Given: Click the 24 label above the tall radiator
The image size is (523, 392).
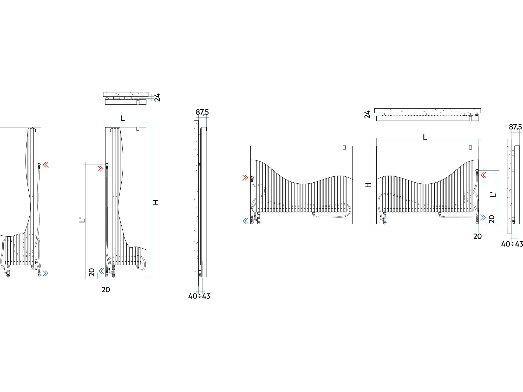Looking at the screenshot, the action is tap(157, 97).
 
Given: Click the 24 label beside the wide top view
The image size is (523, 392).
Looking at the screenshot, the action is tap(367, 114).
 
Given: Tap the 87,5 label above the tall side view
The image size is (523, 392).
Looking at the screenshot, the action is tap(202, 112).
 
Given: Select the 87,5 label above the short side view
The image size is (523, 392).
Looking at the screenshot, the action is tap(515, 127).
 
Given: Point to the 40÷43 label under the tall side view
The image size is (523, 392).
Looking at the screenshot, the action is tap(199, 296).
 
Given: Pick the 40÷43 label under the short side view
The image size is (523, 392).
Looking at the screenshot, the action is tap(512, 244).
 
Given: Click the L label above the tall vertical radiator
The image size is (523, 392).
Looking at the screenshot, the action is tap(123, 118).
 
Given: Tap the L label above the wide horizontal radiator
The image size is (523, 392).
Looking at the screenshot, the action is tap(425, 137).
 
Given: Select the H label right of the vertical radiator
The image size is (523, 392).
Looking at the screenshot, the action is tap(156, 202).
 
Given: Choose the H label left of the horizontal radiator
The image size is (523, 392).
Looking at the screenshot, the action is tap(368, 185).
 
